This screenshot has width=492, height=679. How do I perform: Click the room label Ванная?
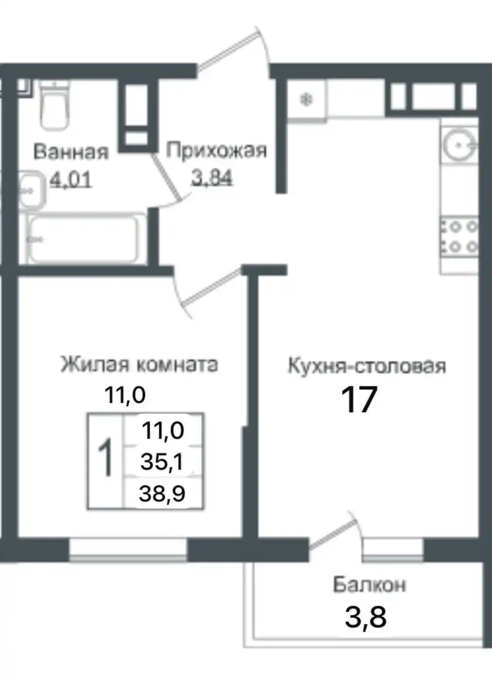point(71,152)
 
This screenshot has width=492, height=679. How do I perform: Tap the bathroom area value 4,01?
point(71,180)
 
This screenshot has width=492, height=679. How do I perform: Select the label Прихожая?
point(216,151)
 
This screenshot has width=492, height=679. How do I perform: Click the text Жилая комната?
point(139,365)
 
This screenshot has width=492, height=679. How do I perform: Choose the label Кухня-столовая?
point(366,366)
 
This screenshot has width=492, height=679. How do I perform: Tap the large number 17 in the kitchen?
point(358,399)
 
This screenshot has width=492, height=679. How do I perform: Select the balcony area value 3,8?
point(365,617)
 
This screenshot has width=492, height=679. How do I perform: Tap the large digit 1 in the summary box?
point(106,459)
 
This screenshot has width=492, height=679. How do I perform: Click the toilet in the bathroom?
point(54,106)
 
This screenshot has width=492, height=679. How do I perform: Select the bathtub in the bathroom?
point(84,239)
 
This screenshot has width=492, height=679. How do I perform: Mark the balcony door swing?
point(334,530)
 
